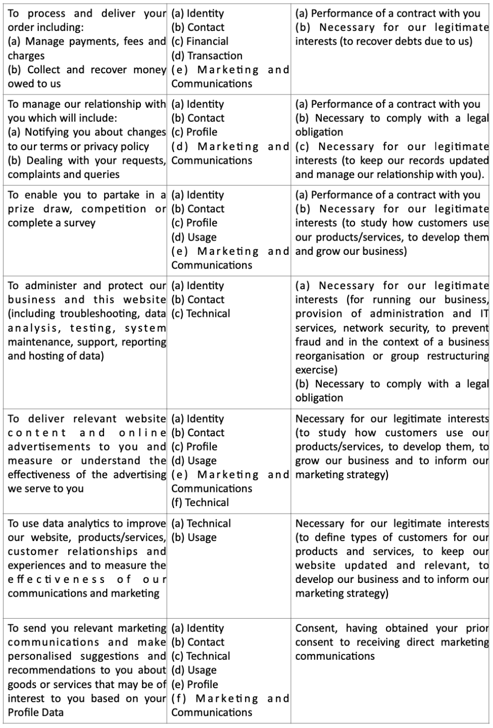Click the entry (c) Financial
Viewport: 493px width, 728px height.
point(200,41)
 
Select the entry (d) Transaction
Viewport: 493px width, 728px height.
point(207,56)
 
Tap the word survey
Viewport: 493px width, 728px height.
point(79,223)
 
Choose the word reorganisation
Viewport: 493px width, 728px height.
point(329,356)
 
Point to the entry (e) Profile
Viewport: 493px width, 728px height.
point(194,685)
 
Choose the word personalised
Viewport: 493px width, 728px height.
point(39,656)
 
